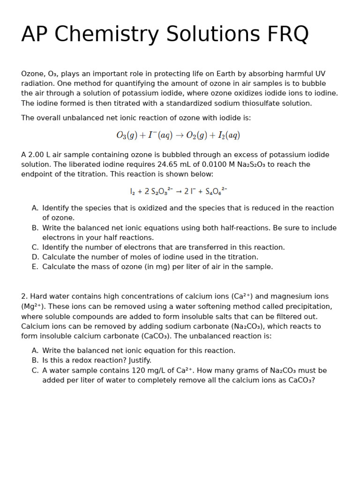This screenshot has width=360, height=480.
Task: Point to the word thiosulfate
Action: coord(242,103)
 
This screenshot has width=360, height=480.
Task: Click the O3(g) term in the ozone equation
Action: coord(127,135)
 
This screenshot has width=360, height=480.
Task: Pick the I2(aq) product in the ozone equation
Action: coord(229,135)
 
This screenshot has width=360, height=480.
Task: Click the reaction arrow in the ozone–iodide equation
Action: coord(179,135)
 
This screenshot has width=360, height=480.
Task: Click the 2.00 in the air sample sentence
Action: coord(35,155)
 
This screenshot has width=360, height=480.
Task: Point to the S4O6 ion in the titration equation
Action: coord(216,191)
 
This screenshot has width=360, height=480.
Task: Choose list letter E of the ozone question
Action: coord(35,267)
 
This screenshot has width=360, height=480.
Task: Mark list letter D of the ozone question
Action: coord(35,257)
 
